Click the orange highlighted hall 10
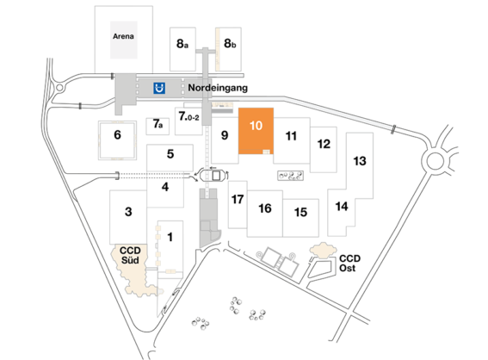tap(256, 127)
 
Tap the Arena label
tap(124, 37)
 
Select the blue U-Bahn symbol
tap(158, 87)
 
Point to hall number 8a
tap(182, 41)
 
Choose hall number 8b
tap(230, 41)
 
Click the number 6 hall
tap(117, 133)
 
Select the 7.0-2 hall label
tap(188, 115)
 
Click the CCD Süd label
tap(131, 254)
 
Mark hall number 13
tap(360, 161)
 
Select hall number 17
tap(238, 199)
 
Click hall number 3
tap(128, 212)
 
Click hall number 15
tap(300, 212)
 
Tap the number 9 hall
tap(223, 134)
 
